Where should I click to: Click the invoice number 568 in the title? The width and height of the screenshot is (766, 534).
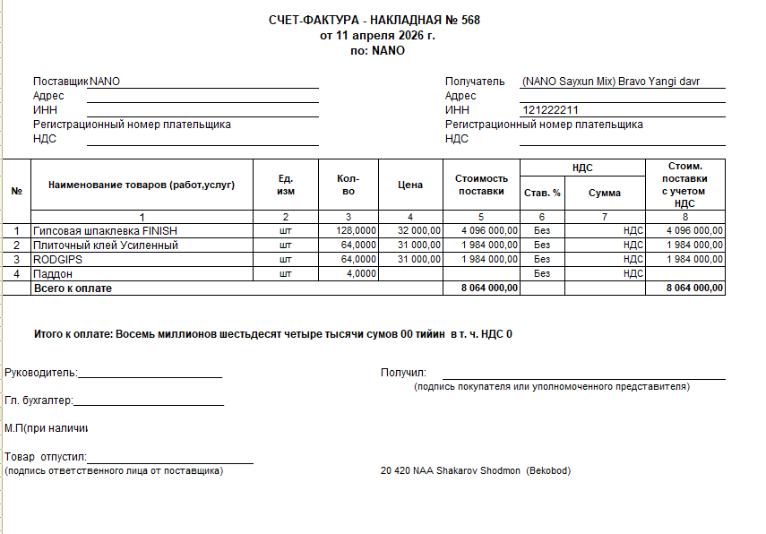click(470, 21)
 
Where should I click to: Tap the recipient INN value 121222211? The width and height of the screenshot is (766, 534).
click(550, 110)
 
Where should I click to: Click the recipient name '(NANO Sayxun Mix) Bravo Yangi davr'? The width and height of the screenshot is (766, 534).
click(610, 82)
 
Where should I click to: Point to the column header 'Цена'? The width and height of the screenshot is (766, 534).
click(410, 185)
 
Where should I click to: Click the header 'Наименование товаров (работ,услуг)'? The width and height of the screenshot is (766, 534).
click(142, 185)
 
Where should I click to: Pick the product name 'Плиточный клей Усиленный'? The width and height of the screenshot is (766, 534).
click(106, 245)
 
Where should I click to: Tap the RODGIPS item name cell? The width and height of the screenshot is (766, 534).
click(58, 259)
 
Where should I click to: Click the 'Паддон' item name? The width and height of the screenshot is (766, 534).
click(53, 273)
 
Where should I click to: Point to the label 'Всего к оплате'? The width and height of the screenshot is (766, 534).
click(73, 289)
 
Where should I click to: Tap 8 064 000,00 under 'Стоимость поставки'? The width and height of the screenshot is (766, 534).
click(489, 289)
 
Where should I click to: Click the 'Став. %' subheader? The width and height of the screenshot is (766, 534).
click(542, 193)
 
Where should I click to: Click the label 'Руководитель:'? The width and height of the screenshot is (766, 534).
click(41, 373)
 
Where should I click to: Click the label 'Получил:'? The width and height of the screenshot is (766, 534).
click(403, 373)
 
